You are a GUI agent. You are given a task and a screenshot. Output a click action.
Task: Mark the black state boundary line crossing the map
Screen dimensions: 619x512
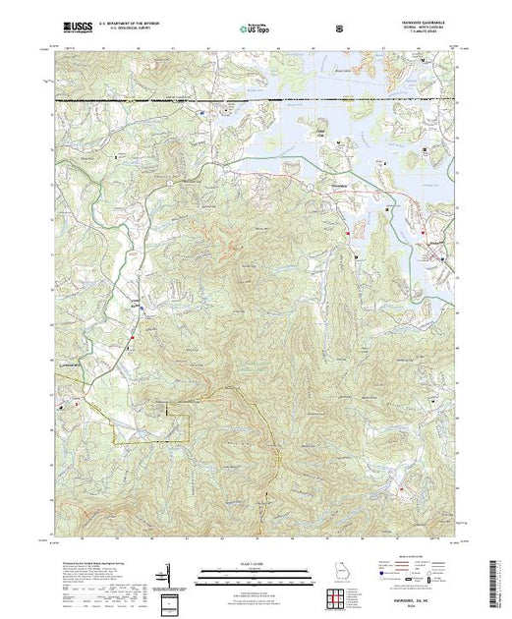(147, 100)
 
